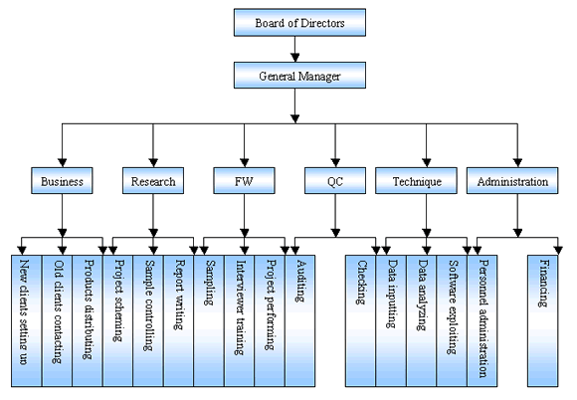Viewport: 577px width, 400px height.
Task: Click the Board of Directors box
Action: (299, 23)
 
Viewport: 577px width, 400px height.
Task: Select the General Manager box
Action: (299, 75)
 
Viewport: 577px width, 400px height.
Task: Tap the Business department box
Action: (62, 180)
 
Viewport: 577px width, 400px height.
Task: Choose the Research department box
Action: (153, 180)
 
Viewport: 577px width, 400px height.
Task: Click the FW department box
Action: (244, 180)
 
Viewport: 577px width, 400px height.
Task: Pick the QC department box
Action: (335, 180)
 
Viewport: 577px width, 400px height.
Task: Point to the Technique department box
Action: (416, 180)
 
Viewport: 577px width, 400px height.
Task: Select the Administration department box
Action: (512, 180)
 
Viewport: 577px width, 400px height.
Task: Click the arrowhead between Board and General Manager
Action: (294, 58)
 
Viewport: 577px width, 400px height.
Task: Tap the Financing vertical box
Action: (543, 320)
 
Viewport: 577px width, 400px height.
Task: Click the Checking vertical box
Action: (360, 320)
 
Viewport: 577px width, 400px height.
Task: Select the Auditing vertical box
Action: (300, 320)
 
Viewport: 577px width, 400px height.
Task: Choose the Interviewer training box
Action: (240, 320)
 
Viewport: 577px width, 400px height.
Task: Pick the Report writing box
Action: (178, 320)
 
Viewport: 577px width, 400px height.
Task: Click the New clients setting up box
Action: (27, 320)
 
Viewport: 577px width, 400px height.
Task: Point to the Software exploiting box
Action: (452, 320)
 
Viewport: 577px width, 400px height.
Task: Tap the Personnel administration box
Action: (482, 320)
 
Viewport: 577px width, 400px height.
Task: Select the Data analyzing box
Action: (422, 320)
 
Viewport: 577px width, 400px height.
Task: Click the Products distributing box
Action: (88, 320)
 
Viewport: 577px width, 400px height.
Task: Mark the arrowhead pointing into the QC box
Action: (335, 162)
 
